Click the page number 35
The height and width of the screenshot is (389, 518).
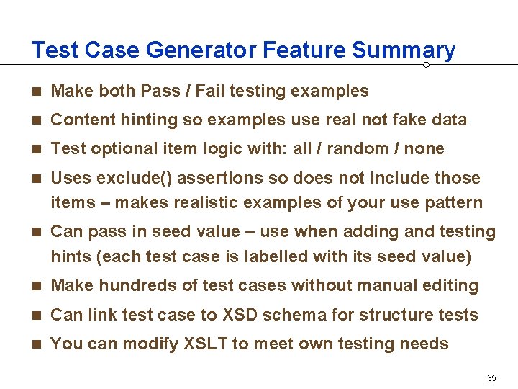point(492,377)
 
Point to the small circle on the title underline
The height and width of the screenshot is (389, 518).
point(426,65)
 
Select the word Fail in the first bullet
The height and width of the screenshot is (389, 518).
point(209,91)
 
